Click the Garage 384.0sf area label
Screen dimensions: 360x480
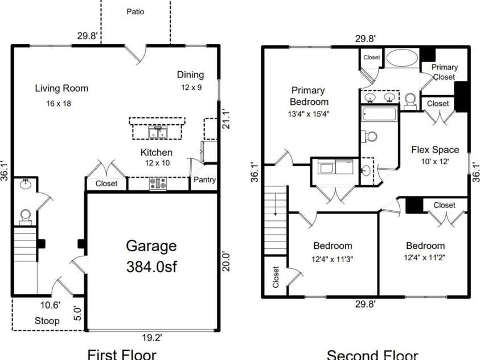[x=151, y=256]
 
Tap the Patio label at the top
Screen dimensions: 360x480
[x=135, y=11]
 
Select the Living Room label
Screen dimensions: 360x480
[x=61, y=88]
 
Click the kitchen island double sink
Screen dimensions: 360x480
[x=157, y=133]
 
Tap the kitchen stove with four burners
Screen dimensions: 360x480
[x=158, y=184]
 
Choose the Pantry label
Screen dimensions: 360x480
[x=204, y=180]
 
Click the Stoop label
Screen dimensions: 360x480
[x=47, y=321]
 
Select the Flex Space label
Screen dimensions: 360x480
[x=435, y=150]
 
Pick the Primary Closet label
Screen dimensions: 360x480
[x=444, y=72]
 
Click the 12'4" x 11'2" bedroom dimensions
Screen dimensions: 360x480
[x=425, y=257]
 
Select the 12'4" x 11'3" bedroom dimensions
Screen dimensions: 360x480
[x=333, y=257]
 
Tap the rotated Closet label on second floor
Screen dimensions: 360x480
[x=276, y=277]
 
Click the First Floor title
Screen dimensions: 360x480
[x=121, y=354]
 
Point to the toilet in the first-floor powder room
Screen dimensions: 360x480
[x=25, y=215]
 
